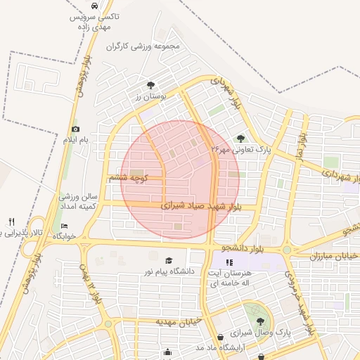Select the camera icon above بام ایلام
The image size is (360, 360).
(x=75, y=129)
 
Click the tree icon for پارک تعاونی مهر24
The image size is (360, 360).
(x=241, y=139)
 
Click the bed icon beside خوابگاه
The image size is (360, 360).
(x=65, y=226)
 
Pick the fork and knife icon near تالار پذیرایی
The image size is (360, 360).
(x=11, y=221)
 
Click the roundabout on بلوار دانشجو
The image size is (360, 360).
(x=287, y=249)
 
